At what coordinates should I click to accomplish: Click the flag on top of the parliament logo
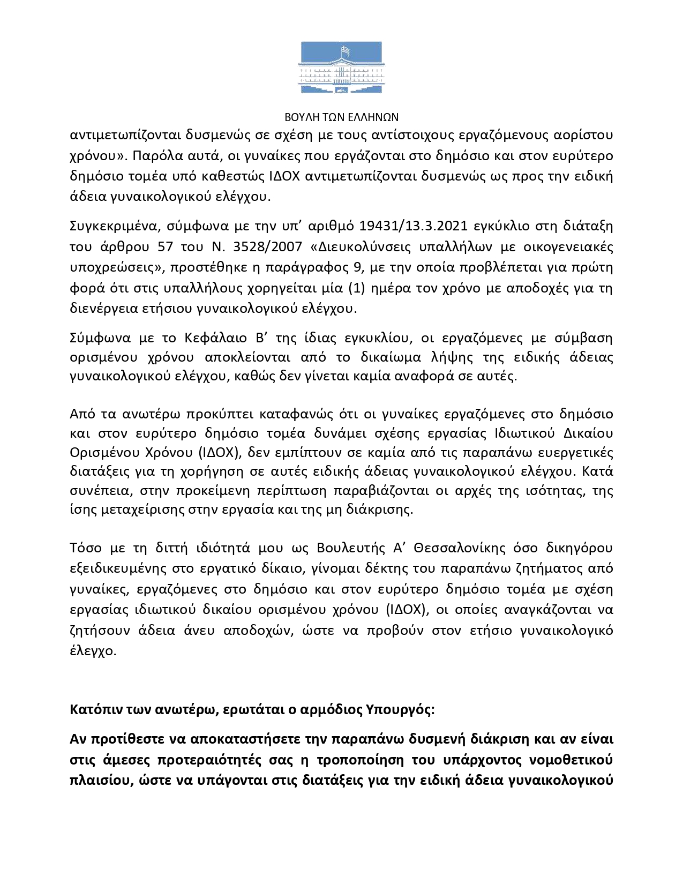[347, 51]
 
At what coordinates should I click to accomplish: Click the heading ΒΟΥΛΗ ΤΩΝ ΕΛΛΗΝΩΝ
[341, 117]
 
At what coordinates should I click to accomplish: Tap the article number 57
[166, 247]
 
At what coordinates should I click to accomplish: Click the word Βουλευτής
[351, 548]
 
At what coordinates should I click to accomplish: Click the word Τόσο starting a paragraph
[86, 548]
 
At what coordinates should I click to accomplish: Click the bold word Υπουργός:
[401, 710]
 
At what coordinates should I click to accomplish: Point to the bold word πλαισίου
[100, 781]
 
